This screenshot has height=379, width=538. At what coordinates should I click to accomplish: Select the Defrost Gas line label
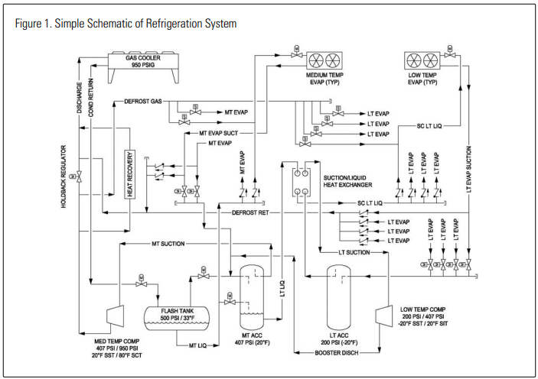(143, 102)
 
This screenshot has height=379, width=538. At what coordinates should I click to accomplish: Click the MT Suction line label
(168, 244)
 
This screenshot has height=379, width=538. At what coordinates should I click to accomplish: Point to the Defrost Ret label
(250, 212)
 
